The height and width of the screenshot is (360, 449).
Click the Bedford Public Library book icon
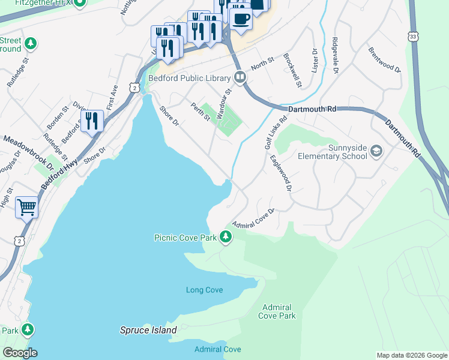coord(240,77)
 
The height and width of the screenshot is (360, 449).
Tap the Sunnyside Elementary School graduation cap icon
coord(376,150)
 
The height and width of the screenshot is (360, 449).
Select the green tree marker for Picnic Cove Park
coord(226,237)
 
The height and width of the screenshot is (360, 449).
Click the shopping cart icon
coord(26,208)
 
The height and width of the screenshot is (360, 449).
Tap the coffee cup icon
coord(241,19)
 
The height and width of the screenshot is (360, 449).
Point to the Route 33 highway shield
coord(413,35)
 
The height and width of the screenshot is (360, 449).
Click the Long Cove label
coord(204,290)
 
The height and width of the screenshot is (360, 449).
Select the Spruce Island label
coord(148,330)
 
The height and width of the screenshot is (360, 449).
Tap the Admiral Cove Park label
coord(277,311)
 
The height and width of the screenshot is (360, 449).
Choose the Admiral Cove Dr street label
coord(253,217)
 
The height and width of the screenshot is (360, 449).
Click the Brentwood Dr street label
coord(384,60)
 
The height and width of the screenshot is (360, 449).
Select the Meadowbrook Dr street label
coord(28,152)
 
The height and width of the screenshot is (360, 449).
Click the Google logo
coord(20,353)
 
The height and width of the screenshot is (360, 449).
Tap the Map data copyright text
coord(411,355)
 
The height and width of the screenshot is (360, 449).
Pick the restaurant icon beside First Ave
coord(92,121)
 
